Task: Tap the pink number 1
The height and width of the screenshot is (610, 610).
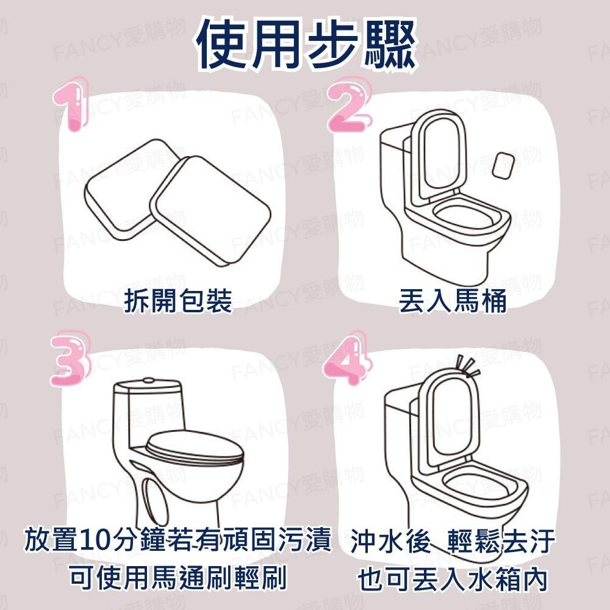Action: click(72, 104)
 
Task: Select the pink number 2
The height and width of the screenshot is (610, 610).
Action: click(348, 104)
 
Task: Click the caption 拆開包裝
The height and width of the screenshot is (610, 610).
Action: click(178, 301)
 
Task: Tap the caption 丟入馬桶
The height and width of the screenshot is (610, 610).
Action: click(453, 301)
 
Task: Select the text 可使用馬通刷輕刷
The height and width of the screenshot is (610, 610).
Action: click(178, 577)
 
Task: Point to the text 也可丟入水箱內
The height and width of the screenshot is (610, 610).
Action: click(453, 579)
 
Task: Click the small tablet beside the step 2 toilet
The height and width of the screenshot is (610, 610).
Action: click(503, 166)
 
